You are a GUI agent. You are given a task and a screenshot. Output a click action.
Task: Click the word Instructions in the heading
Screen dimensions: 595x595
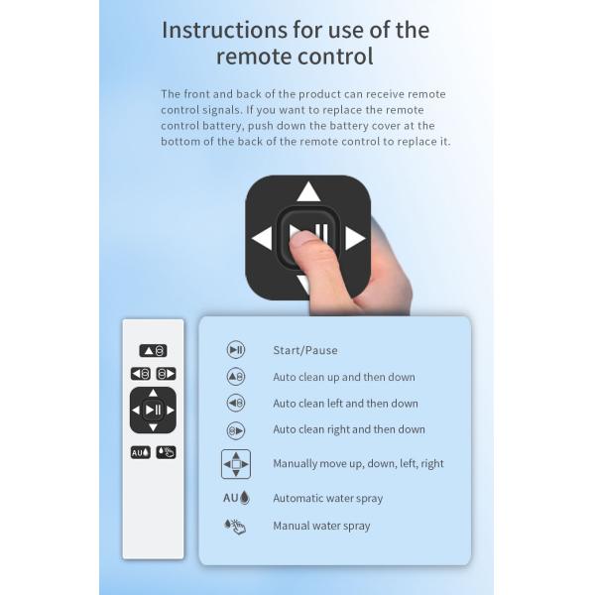224,30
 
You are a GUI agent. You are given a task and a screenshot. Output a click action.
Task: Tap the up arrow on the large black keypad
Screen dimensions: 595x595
308,191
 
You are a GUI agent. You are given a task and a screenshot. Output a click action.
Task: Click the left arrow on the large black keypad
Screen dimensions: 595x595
262,238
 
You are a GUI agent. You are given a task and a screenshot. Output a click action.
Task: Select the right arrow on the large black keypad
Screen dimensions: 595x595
355,238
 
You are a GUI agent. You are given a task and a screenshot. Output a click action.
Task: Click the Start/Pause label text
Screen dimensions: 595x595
305,350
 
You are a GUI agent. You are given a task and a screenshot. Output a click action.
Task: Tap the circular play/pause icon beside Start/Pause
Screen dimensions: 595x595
236,350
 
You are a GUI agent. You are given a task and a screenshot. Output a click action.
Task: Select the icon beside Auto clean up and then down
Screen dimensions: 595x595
236,377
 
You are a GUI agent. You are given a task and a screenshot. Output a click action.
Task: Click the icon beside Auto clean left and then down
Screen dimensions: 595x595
236,403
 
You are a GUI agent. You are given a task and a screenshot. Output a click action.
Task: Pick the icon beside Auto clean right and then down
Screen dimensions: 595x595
236,430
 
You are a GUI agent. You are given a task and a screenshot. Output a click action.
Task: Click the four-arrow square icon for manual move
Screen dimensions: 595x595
236,464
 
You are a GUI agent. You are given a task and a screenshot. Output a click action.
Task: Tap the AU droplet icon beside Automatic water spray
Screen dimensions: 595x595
236,498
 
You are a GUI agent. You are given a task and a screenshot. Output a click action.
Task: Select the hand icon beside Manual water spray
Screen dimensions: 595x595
235,527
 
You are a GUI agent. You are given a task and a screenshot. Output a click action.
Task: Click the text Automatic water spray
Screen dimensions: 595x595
328,498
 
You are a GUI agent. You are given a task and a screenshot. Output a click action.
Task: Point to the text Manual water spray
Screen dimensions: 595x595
321,526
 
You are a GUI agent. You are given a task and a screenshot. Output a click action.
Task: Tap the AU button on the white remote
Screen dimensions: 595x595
141,452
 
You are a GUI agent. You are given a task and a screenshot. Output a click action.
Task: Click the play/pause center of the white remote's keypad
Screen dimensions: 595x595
154,410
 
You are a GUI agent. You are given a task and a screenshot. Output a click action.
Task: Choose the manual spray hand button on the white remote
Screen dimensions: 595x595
167,452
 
